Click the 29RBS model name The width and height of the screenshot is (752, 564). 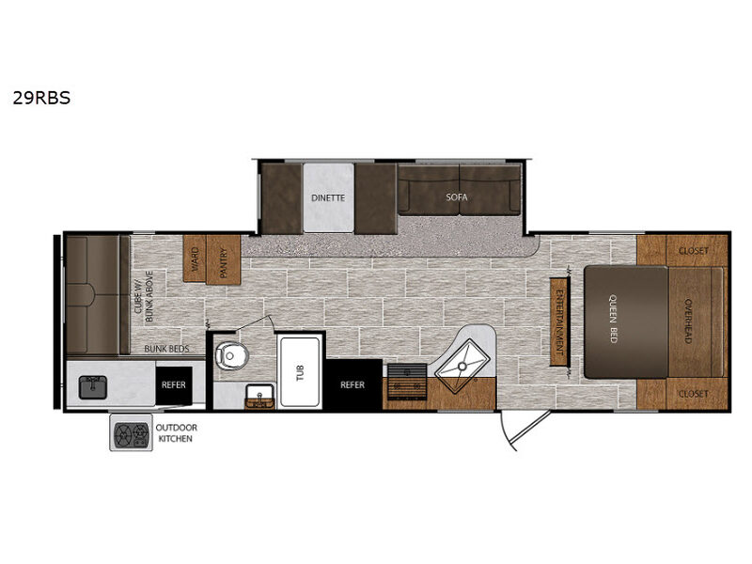point(41,98)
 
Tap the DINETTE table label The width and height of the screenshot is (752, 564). point(328,197)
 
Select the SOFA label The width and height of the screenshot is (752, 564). point(457,196)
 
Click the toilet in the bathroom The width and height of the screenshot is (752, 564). point(232,355)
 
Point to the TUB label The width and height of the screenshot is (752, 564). point(301,372)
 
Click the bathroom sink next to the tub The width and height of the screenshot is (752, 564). point(259,397)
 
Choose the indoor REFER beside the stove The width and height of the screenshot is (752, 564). point(352,384)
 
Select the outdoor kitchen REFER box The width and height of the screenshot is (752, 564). point(174,385)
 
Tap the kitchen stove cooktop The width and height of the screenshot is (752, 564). point(407,382)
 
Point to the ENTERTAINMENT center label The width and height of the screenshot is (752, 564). point(559,321)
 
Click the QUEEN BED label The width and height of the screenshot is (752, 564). point(613,319)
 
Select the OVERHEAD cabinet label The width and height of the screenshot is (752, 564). point(688,321)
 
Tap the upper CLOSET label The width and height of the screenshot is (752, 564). point(694,250)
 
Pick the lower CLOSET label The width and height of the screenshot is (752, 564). point(694,394)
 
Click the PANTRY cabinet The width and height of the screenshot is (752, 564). point(223,259)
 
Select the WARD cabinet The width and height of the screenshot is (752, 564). point(195,258)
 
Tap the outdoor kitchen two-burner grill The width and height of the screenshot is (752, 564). point(132,433)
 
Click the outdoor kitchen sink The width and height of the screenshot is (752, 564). point(93,387)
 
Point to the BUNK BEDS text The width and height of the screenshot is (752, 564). point(167,349)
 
